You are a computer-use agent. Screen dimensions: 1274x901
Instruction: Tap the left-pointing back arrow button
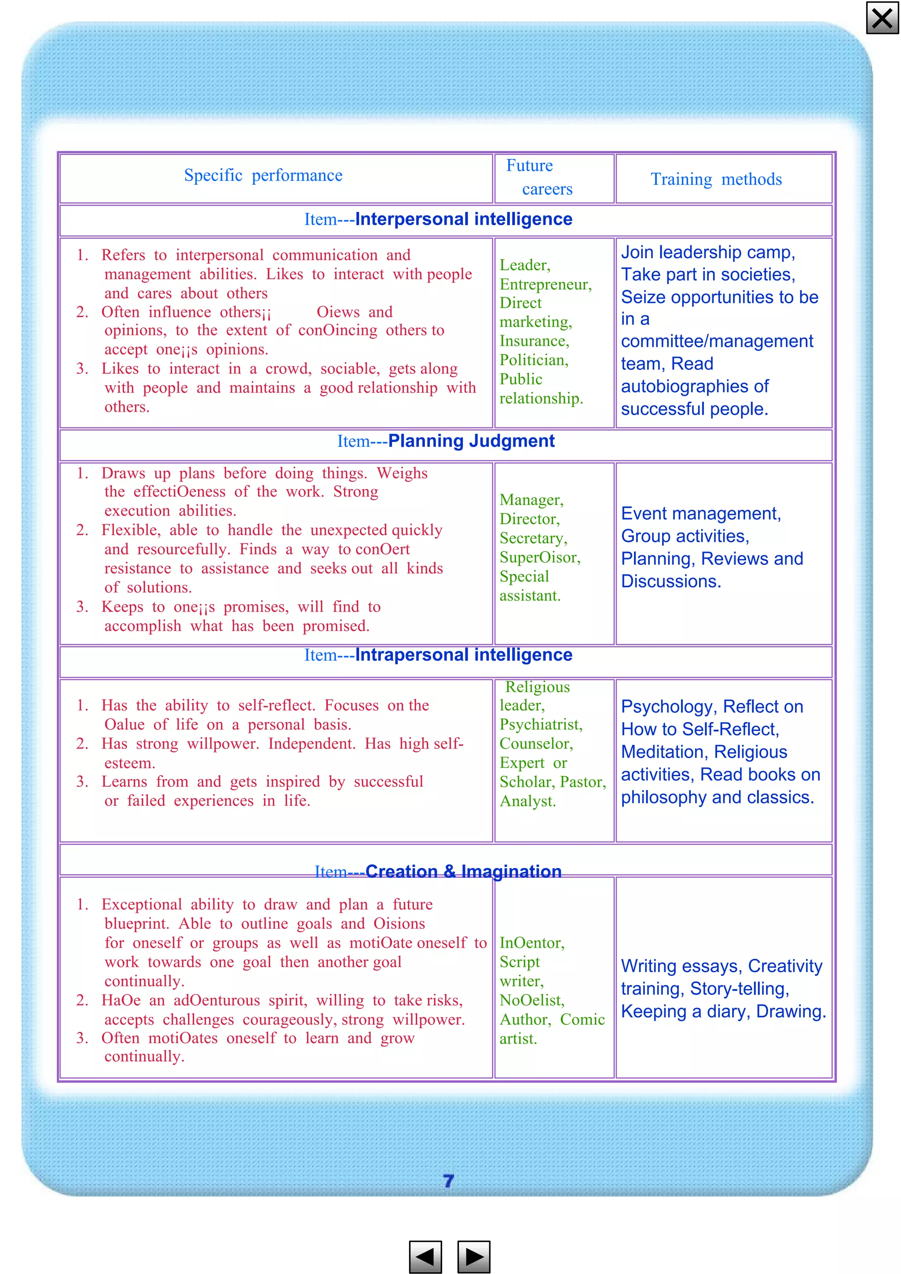point(425,1256)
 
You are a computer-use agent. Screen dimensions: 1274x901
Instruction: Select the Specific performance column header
point(263,175)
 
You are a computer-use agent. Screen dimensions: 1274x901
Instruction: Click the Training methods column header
point(716,179)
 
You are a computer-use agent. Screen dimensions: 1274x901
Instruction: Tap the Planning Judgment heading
point(471,441)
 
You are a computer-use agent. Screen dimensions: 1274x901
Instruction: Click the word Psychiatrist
point(540,724)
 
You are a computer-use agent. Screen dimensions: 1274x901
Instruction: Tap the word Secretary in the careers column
point(532,538)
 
